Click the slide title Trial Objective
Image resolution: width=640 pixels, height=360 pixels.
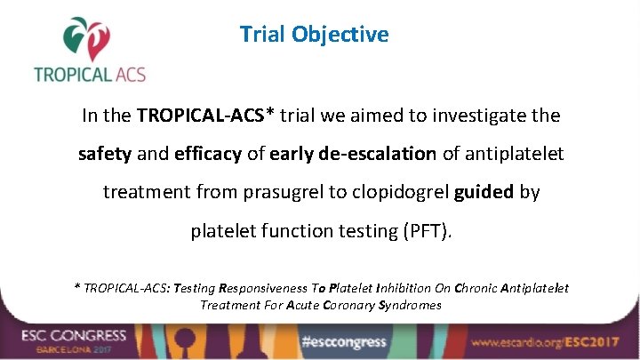point(314,35)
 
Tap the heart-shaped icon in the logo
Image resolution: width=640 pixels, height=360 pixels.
point(88,37)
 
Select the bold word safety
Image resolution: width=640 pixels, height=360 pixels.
point(105,154)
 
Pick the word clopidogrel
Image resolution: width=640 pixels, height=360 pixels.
point(405,192)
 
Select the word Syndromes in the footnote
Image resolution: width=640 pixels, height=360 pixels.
point(410,305)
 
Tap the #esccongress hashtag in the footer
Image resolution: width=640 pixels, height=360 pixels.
point(344,341)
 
